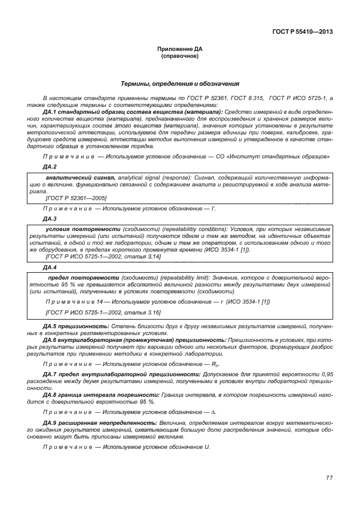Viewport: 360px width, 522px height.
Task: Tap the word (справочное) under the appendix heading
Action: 179,57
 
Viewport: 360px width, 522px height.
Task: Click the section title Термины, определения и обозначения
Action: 179,84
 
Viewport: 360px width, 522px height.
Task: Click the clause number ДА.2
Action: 50,166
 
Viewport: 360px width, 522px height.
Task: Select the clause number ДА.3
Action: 50,218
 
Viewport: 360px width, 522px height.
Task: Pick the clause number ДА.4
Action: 50,267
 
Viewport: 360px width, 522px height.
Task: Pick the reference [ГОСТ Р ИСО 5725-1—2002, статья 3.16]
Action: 103,312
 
